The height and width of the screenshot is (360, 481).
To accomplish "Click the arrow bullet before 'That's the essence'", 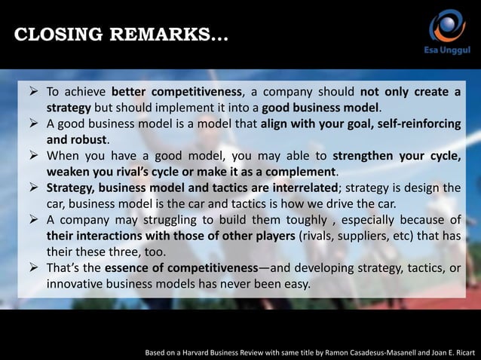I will click(33, 269).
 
